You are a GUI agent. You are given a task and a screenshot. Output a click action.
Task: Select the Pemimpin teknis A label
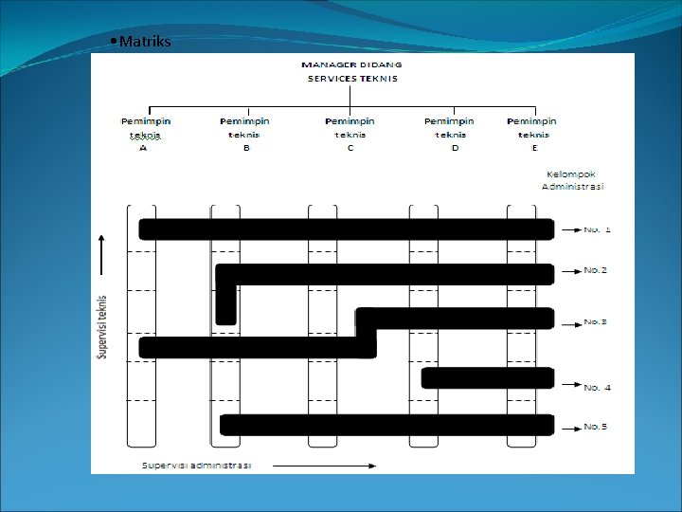(x=146, y=134)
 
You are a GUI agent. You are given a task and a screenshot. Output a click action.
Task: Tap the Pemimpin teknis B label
(x=245, y=134)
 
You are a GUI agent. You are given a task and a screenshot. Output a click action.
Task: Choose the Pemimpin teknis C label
(x=350, y=134)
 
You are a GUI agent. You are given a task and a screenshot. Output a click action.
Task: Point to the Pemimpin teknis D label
(x=450, y=134)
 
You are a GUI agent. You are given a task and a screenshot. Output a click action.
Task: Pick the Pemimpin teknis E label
(x=531, y=134)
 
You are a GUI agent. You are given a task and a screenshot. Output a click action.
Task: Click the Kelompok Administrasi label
(x=572, y=180)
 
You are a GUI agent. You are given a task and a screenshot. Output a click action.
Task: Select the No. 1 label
(x=597, y=229)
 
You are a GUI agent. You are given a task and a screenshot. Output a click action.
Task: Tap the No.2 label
(x=596, y=270)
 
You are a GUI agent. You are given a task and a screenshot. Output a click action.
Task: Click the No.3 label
(x=596, y=322)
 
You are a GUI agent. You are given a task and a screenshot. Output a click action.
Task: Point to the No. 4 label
(x=597, y=388)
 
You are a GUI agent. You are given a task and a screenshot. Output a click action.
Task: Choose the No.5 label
(x=596, y=427)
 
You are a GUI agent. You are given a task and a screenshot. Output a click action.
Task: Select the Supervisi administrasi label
(x=196, y=466)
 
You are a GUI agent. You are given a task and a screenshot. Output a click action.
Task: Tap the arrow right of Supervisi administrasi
(x=322, y=466)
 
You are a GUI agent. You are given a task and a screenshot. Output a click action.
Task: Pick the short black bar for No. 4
(x=487, y=378)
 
